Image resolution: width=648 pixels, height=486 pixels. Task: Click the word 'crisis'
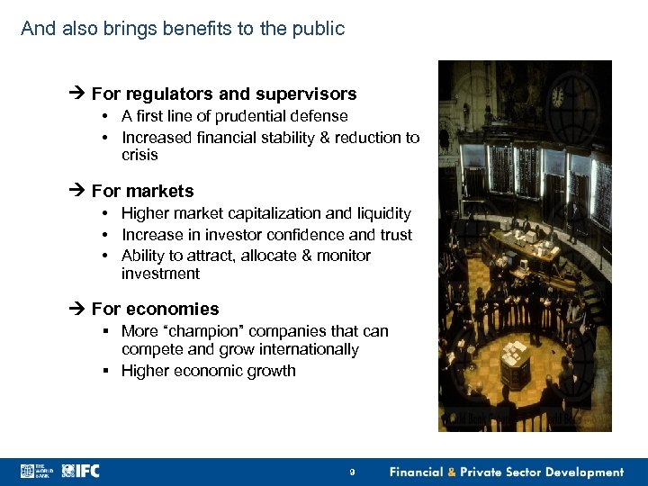click(139, 155)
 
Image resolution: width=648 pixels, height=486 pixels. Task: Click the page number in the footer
click(353, 472)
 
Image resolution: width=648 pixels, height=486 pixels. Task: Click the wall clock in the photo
click(558, 96)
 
